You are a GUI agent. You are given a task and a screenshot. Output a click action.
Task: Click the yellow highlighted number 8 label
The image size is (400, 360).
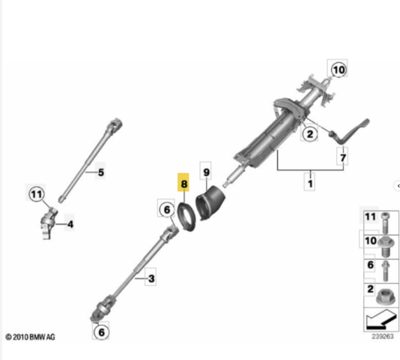coord(184,182)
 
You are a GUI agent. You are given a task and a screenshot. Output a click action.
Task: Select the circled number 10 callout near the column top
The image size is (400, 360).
coord(339,70)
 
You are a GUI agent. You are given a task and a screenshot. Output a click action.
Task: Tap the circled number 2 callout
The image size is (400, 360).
coord(309,133)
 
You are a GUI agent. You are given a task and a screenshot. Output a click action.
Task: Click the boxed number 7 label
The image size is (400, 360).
coord(342,157)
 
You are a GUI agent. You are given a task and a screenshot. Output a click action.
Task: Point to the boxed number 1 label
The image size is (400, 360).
coord(310,183)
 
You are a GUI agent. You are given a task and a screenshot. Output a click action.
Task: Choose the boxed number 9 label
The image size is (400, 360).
coord(206,172)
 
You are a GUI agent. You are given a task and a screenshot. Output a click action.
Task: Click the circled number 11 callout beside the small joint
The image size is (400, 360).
coord(37,194)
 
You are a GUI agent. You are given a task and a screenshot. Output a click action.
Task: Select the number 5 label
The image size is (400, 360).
coord(101,172)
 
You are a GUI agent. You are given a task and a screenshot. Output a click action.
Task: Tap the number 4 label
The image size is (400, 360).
coord(70,224)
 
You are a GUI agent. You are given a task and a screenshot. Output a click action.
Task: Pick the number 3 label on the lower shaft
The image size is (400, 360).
coord(151,278)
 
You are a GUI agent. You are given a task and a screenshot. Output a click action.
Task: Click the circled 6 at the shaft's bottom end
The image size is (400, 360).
coord(101,332)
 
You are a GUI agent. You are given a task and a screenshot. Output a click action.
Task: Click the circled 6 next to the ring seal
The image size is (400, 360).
coord(166,209)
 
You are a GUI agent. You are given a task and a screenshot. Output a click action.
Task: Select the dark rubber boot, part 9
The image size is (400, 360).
coord(210,203)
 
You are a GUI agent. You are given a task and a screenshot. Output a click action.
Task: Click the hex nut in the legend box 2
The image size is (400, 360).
coord(386,297)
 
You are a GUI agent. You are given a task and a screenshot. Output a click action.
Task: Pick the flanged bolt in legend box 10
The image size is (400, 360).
coord(386,247)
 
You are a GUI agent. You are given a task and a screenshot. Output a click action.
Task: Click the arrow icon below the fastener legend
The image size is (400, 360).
coord(381,319)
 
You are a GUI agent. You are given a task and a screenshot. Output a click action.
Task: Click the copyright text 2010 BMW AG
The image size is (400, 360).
coord(30,337)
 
